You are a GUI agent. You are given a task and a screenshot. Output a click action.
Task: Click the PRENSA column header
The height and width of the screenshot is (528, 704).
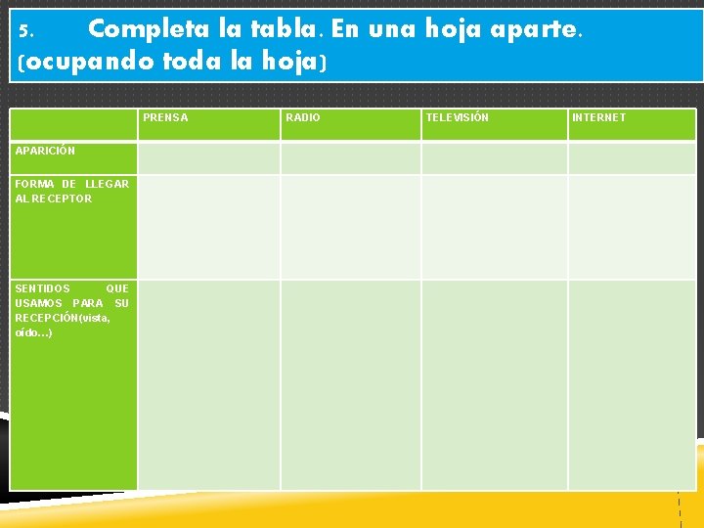pyautogui.click(x=165, y=118)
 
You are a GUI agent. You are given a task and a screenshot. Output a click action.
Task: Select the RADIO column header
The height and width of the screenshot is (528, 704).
pyautogui.click(x=302, y=118)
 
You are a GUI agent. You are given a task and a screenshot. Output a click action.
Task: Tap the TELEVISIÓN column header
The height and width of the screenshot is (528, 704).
pyautogui.click(x=457, y=118)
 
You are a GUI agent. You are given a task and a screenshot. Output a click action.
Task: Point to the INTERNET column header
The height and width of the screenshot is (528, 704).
pyautogui.click(x=598, y=118)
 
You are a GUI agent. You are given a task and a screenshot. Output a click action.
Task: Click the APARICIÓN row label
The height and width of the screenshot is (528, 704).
pyautogui.click(x=45, y=151)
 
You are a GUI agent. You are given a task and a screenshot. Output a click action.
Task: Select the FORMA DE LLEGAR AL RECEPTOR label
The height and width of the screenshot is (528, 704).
pyautogui.click(x=72, y=191)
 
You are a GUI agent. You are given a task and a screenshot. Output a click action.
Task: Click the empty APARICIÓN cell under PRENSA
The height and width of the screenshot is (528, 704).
pyautogui.click(x=208, y=157)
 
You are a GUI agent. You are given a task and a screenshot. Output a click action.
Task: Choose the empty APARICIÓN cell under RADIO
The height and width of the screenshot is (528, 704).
pyautogui.click(x=350, y=157)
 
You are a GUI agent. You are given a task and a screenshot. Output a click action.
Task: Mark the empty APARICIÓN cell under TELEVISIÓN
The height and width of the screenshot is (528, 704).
pyautogui.click(x=494, y=157)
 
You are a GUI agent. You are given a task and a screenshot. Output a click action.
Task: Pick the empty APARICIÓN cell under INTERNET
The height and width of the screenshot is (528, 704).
pyautogui.click(x=632, y=157)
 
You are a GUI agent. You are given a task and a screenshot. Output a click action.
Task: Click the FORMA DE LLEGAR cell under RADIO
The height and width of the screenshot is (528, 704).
pyautogui.click(x=350, y=227)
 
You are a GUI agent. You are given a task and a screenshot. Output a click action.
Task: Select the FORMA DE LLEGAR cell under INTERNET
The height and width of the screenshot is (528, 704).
pyautogui.click(x=632, y=227)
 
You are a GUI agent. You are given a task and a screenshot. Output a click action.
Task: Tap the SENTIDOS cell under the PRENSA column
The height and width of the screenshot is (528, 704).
pyautogui.click(x=208, y=384)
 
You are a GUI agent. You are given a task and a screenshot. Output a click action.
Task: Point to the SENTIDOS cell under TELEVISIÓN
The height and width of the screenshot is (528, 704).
pyautogui.click(x=494, y=384)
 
